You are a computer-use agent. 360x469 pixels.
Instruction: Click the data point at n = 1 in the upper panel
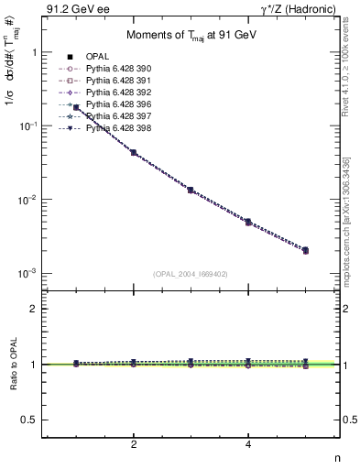pyautogui.click(x=76, y=108)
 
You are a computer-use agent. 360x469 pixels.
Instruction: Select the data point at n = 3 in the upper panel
pyautogui.click(x=191, y=190)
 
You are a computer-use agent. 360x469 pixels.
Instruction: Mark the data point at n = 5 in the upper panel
pyautogui.click(x=305, y=250)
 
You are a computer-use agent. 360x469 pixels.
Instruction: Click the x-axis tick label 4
pyautogui.click(x=248, y=445)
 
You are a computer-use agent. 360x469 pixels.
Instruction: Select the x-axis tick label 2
pyautogui.click(x=134, y=445)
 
